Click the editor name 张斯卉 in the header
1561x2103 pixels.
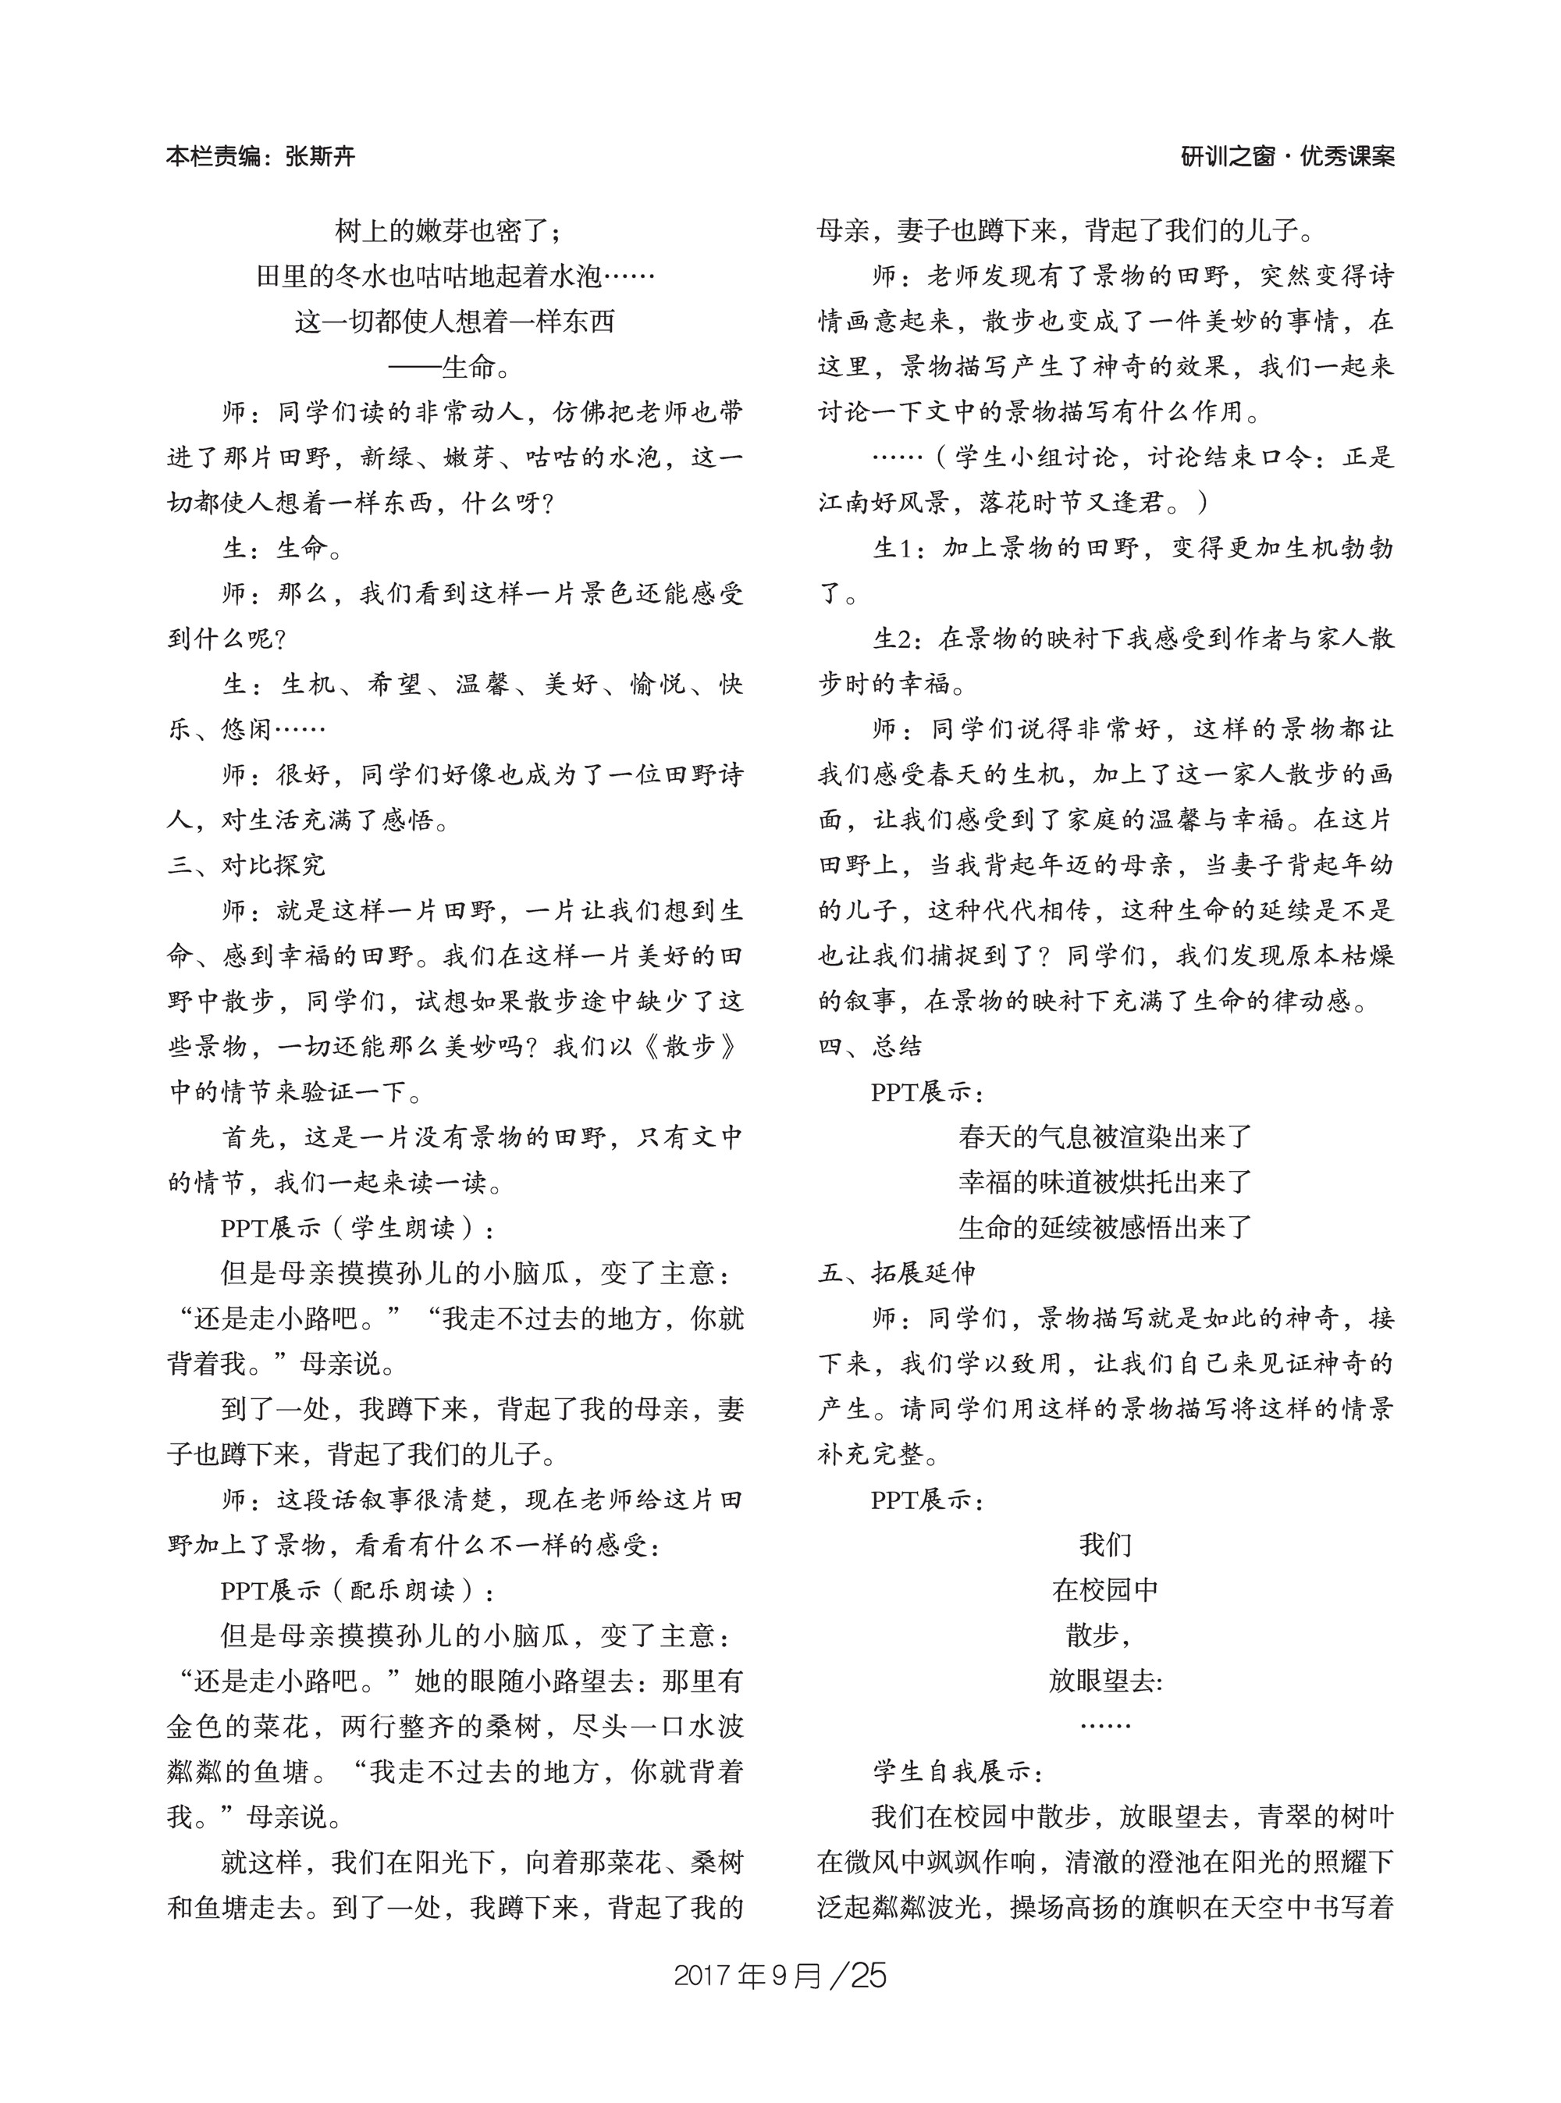click(319, 157)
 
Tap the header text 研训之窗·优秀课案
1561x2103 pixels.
click(1288, 157)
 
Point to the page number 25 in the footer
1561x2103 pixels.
click(867, 1976)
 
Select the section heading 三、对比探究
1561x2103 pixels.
click(247, 866)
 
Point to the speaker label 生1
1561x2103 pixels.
click(892, 548)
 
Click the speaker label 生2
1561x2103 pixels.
click(892, 639)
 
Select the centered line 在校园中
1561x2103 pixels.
click(1104, 1591)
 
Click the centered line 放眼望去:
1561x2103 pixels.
click(1104, 1681)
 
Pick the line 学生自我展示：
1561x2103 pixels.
click(958, 1772)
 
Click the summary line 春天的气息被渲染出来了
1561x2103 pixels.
click(1104, 1137)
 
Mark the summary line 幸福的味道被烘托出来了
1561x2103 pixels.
click(1104, 1183)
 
